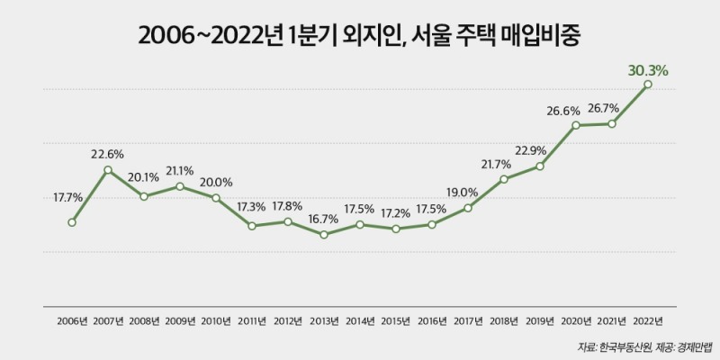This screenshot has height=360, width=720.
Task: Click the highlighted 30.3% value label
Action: tap(648, 69)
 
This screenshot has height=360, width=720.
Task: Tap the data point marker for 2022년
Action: tap(648, 85)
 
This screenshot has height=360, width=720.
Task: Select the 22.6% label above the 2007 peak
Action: tap(108, 154)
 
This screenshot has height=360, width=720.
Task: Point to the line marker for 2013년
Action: tap(324, 235)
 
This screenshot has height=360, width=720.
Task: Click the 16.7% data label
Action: tap(324, 219)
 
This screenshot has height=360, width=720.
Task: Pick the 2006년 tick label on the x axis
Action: tap(72, 320)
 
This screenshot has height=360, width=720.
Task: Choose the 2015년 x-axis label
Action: tap(396, 320)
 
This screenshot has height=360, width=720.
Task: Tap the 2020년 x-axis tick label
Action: tap(576, 320)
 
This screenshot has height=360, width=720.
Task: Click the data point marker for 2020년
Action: tap(576, 125)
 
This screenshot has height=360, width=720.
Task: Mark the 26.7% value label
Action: tap(612, 108)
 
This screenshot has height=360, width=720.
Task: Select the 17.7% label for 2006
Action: tap(68, 198)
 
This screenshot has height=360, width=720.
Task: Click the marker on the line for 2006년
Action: tap(72, 222)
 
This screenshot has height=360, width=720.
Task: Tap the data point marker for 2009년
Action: tap(180, 186)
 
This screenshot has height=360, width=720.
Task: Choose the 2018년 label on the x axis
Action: tap(504, 320)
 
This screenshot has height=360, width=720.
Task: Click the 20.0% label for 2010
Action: tap(216, 181)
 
